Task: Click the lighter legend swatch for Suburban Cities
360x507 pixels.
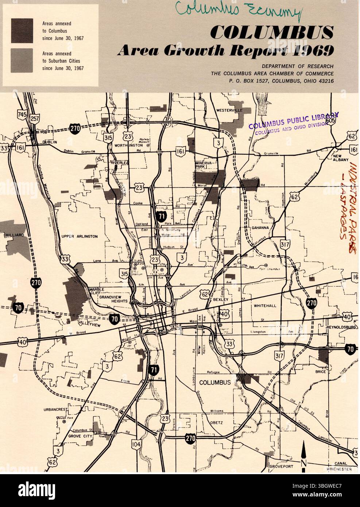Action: [22, 60]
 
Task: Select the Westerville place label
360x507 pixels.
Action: [229, 110]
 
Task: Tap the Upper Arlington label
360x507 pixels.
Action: [80, 236]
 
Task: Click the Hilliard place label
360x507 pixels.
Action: [14, 236]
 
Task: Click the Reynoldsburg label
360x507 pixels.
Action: [341, 327]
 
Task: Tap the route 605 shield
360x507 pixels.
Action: [331, 120]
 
